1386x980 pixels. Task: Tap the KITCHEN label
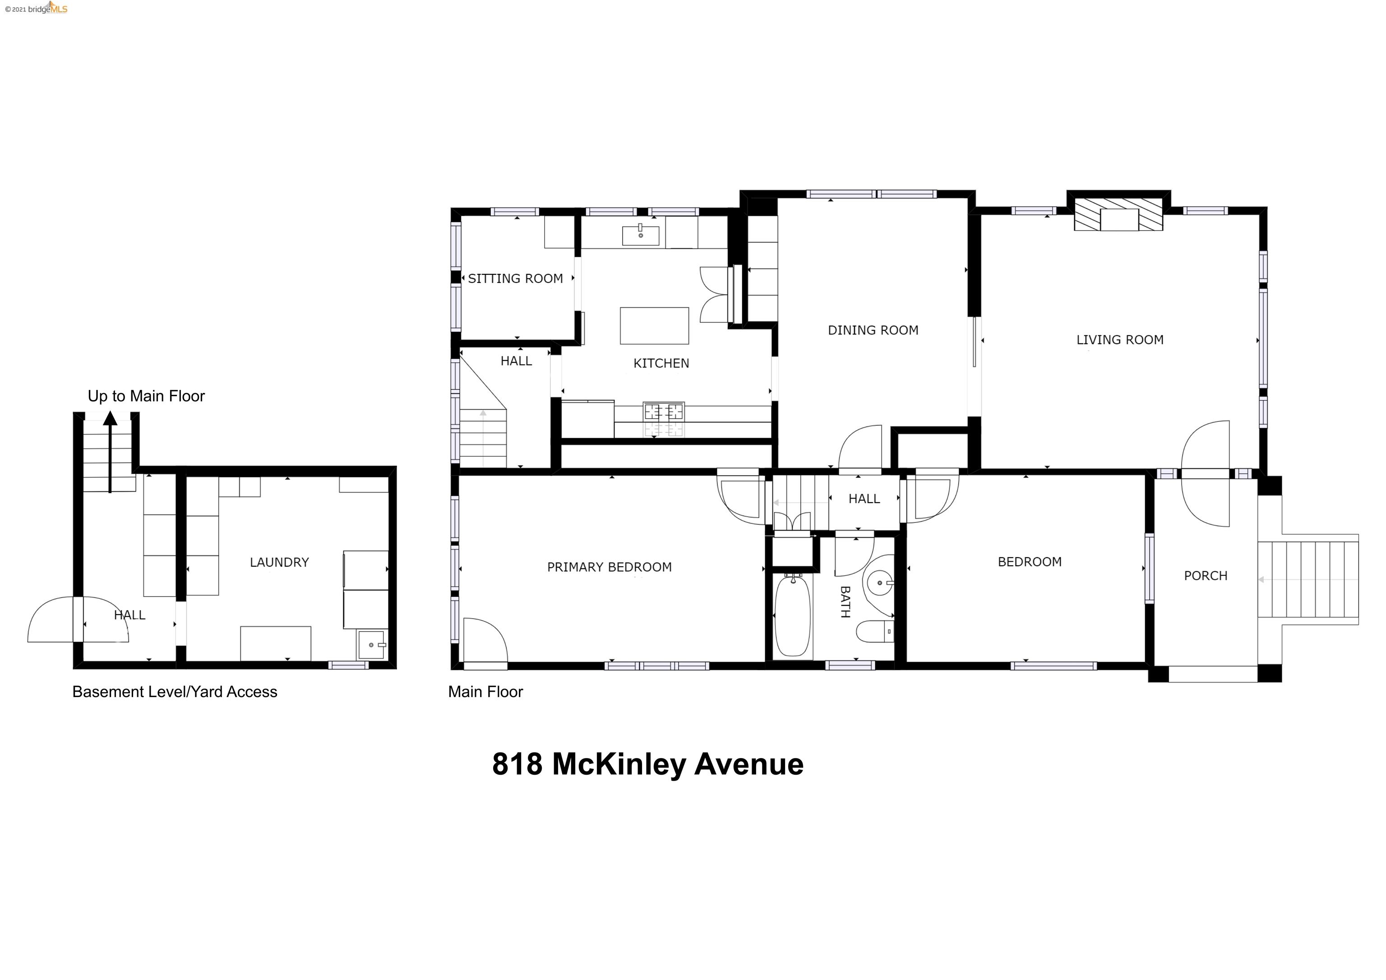pyautogui.click(x=661, y=363)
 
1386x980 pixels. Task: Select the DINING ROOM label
pyautogui.click(x=873, y=330)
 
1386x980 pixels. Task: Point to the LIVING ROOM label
pyautogui.click(x=1120, y=340)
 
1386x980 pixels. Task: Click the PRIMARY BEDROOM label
pyautogui.click(x=609, y=567)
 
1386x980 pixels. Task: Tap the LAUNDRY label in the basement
pyautogui.click(x=279, y=562)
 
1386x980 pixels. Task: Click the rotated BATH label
pyautogui.click(x=845, y=602)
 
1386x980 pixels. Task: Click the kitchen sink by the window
pyautogui.click(x=641, y=235)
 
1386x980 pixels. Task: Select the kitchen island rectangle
pyautogui.click(x=654, y=325)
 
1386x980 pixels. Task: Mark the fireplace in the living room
pyautogui.click(x=1118, y=214)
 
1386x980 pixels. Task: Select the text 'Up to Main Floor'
pyautogui.click(x=146, y=396)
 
